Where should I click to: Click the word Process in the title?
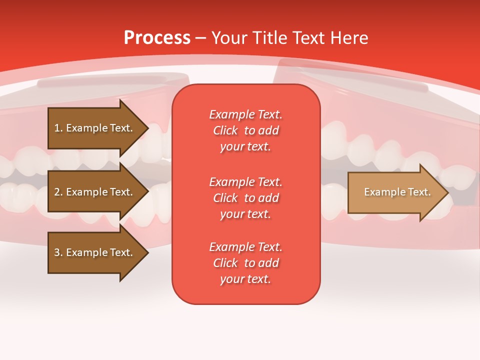[157, 38]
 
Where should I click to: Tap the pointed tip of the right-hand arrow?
[447, 192]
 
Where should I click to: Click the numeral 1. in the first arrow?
[58, 128]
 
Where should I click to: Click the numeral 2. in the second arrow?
[58, 192]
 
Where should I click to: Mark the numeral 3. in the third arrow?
[58, 252]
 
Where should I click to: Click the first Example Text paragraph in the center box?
[245, 130]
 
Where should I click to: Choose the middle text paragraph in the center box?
[245, 198]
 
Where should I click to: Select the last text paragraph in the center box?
[245, 263]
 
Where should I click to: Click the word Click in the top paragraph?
[225, 130]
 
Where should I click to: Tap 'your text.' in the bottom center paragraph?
[245, 279]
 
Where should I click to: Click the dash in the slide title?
[201, 38]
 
